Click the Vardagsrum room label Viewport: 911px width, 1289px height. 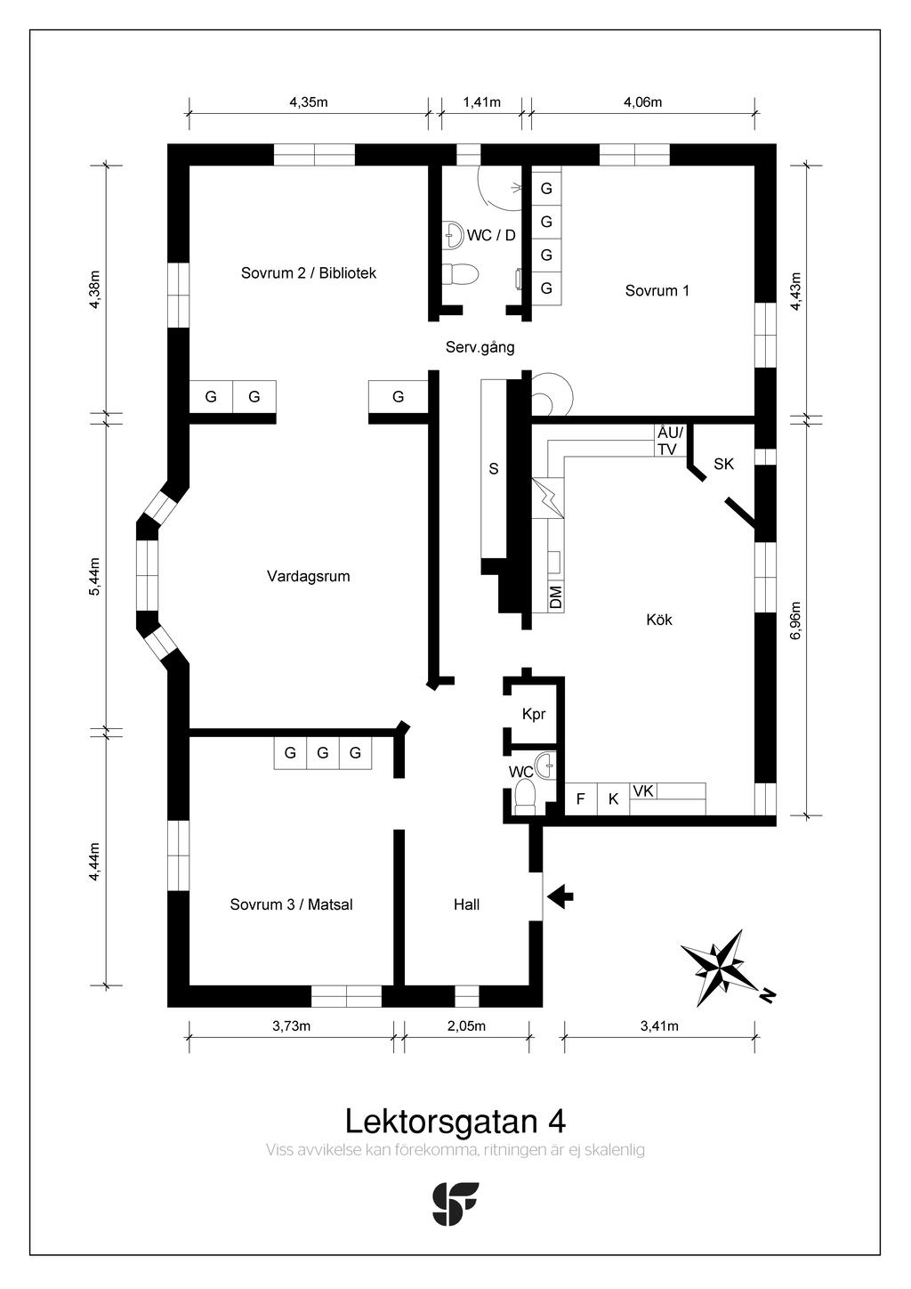pos(309,576)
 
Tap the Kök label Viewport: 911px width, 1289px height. pos(659,620)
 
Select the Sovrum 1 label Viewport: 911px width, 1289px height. pos(657,290)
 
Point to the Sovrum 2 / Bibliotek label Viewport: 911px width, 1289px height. pos(309,272)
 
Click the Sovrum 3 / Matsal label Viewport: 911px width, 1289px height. pos(291,904)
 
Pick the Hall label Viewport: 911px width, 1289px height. pos(466,904)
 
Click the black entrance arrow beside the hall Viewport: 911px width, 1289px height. pos(560,896)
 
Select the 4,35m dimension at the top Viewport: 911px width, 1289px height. pos(309,102)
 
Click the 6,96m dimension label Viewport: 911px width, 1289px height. pos(796,620)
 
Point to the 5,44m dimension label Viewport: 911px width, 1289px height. pos(94,577)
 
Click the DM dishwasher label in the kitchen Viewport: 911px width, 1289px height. pos(555,596)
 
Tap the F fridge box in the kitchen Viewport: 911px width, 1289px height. pos(581,799)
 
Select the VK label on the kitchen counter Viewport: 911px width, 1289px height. pos(643,791)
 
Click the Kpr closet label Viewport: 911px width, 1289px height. pos(534,714)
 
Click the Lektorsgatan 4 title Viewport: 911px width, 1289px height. pos(455,1121)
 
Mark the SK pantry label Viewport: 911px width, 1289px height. pos(723,464)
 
